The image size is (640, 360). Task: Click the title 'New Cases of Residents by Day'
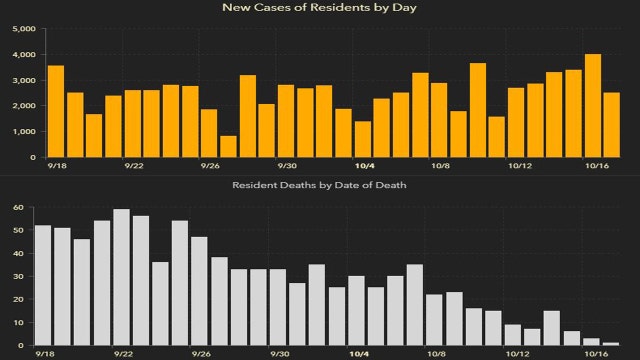click(319, 8)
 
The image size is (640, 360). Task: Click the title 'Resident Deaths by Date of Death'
click(319, 186)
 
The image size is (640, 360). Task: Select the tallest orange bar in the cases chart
click(592, 106)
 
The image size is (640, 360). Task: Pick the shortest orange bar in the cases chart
click(228, 147)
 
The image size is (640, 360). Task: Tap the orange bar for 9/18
click(56, 111)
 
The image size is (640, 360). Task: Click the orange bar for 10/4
click(362, 139)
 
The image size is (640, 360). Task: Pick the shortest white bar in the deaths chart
click(611, 343)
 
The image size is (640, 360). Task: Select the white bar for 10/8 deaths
click(434, 319)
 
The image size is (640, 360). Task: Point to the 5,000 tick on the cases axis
click(22, 28)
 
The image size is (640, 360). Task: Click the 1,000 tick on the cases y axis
click(22, 131)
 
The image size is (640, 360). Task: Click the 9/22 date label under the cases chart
click(133, 166)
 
